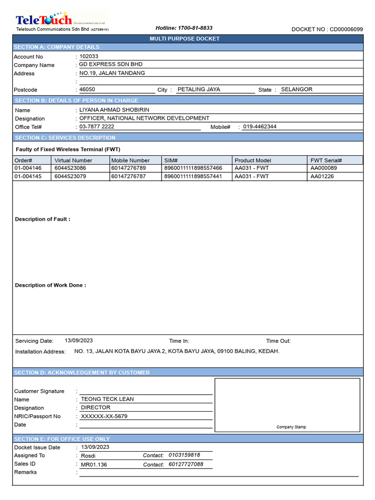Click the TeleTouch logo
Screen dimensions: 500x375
[x=44, y=20]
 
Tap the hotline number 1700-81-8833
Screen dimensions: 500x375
[x=184, y=28]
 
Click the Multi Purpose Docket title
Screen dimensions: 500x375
[x=187, y=39]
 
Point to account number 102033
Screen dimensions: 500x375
[x=89, y=56]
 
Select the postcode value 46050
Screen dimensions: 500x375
[x=87, y=90]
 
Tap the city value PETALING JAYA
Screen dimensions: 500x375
[x=199, y=90]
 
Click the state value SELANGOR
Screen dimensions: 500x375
[x=296, y=90]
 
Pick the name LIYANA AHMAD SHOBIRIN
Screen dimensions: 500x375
[x=114, y=110]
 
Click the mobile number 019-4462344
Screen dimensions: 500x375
[x=260, y=126]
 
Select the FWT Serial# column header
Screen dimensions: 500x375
[x=326, y=160]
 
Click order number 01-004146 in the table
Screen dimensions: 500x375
[x=28, y=168]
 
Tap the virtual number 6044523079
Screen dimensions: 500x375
[x=70, y=176]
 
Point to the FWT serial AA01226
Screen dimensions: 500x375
[x=322, y=176]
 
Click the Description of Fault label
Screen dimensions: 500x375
[x=42, y=219]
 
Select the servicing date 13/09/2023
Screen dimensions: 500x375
[x=79, y=341]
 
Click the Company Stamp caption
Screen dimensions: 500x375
[x=292, y=427]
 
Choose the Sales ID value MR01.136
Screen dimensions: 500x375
[x=94, y=464]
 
